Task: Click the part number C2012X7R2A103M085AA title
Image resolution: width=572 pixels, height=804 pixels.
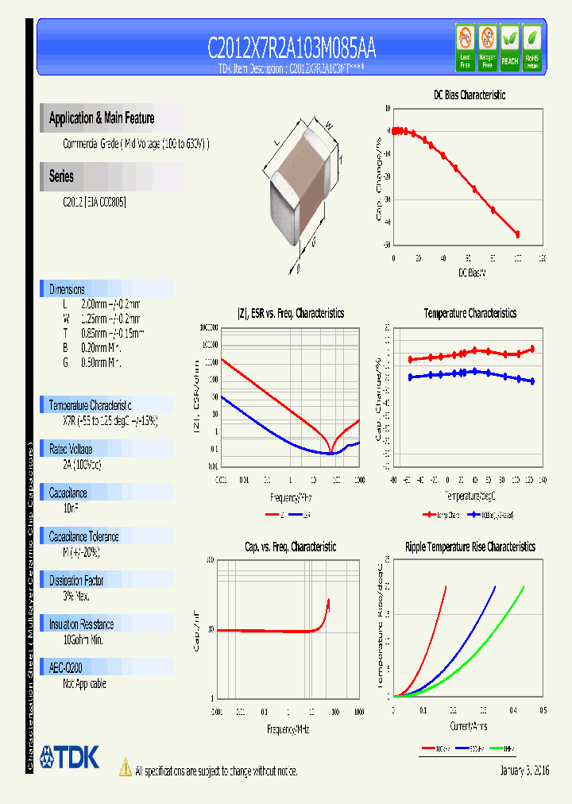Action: click(292, 49)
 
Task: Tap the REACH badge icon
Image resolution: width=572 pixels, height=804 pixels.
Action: click(509, 47)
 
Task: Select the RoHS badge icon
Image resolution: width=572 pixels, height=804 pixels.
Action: click(531, 47)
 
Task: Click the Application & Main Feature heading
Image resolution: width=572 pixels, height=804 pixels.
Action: click(102, 118)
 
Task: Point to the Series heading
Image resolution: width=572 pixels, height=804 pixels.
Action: click(61, 176)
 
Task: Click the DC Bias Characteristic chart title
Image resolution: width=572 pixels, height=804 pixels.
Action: click(469, 95)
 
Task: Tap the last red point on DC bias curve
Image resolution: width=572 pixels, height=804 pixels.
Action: click(517, 234)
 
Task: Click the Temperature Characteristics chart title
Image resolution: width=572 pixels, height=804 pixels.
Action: click(470, 313)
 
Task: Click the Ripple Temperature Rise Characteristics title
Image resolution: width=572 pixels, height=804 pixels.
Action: click(470, 547)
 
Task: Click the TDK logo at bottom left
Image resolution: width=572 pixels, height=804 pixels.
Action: click(69, 757)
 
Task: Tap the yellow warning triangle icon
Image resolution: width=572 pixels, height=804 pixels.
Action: click(126, 767)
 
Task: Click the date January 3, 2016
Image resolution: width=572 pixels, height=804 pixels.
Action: click(524, 771)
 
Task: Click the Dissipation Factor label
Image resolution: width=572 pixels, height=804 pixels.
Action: click(77, 580)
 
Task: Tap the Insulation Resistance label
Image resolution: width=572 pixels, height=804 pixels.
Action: click(81, 624)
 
